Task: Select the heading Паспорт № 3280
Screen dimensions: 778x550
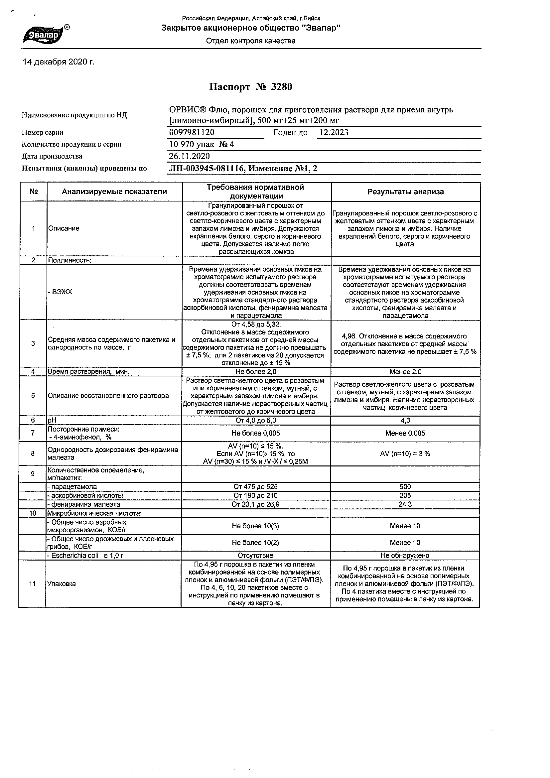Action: point(250,87)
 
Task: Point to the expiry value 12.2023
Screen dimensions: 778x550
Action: point(334,132)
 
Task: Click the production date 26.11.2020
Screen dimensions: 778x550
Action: point(189,156)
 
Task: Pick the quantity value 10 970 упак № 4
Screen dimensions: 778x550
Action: point(201,145)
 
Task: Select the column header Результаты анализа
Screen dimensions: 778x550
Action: point(406,192)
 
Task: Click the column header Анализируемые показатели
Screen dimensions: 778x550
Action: point(114,192)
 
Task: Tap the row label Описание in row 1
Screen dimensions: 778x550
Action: point(64,228)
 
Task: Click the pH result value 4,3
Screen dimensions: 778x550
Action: point(405,421)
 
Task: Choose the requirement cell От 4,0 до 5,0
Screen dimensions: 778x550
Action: point(256,421)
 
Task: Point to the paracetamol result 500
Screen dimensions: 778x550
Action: point(405,487)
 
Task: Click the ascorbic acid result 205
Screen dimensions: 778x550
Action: point(405,495)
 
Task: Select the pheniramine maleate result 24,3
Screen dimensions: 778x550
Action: point(405,504)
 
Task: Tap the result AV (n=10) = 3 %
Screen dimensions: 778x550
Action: point(405,454)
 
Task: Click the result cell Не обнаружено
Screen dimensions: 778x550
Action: point(405,555)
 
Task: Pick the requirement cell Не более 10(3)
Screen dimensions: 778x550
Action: point(255,526)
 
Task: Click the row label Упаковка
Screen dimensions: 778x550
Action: point(62,584)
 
